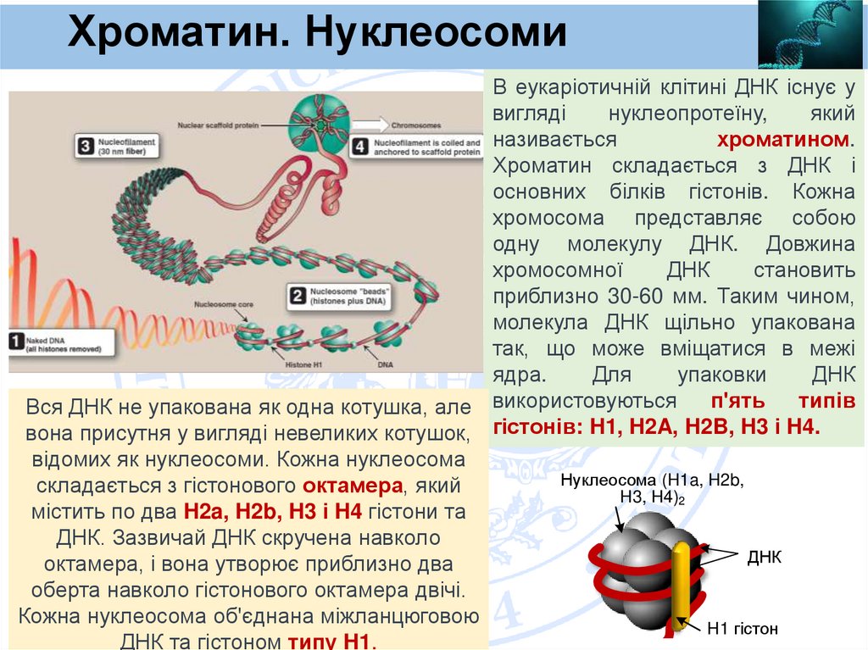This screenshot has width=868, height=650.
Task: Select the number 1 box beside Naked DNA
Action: (16, 342)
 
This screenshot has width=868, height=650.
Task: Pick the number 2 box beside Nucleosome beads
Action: (298, 296)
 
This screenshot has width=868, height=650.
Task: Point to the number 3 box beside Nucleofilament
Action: (85, 146)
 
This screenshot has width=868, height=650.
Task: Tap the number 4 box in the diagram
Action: (359, 147)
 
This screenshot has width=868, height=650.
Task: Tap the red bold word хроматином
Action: (786, 139)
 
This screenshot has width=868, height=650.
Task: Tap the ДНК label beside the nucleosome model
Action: (764, 557)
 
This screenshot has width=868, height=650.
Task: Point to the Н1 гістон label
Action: (743, 629)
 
